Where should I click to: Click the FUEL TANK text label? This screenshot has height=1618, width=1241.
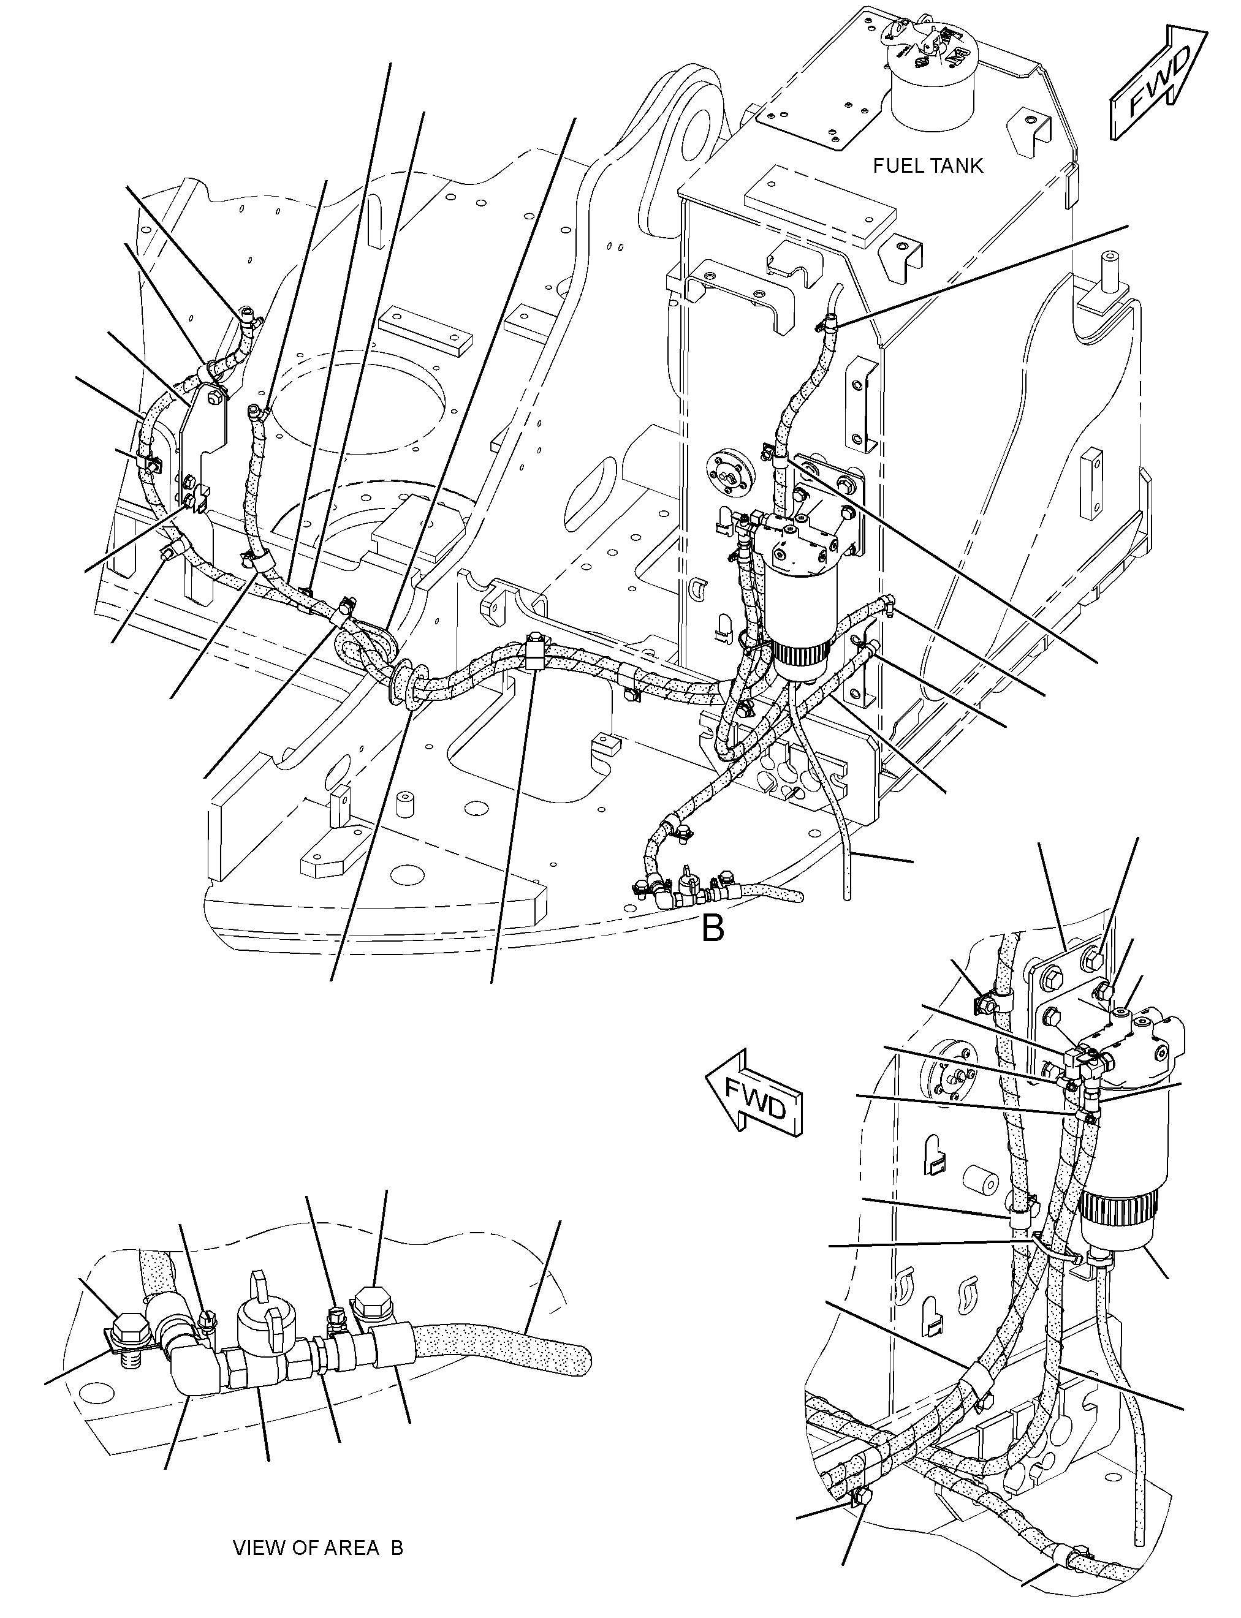click(x=928, y=166)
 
